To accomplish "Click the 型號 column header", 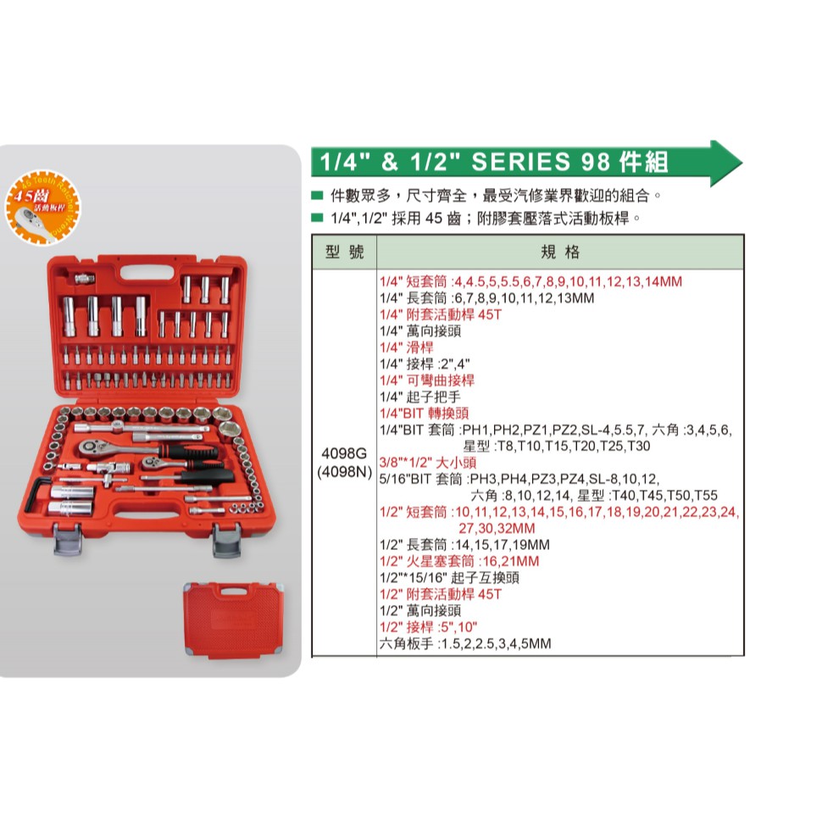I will (343, 253).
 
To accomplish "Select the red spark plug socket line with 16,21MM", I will (459, 561).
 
